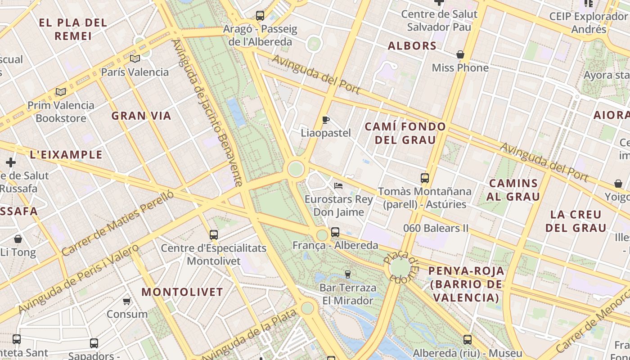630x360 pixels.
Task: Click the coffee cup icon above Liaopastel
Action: click(x=326, y=120)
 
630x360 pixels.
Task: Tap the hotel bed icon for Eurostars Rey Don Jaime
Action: click(x=338, y=185)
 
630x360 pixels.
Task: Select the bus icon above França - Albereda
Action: click(x=335, y=232)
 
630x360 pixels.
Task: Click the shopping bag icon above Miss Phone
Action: click(x=460, y=55)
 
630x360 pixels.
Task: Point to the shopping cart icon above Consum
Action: click(x=127, y=301)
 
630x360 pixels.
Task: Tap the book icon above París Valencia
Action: click(x=135, y=58)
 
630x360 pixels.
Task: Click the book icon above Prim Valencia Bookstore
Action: click(x=61, y=92)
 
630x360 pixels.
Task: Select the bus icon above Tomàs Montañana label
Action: click(x=425, y=178)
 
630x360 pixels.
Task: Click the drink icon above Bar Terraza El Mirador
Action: click(x=347, y=274)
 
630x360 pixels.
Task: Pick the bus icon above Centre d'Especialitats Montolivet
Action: click(x=214, y=234)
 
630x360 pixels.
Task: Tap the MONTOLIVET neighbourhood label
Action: click(x=182, y=292)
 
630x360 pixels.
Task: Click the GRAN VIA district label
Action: click(x=141, y=116)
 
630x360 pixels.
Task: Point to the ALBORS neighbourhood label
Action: click(x=412, y=46)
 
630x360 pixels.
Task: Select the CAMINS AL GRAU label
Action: click(x=513, y=190)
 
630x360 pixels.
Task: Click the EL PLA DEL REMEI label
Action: click(x=73, y=29)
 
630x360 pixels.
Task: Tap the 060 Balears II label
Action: click(x=436, y=228)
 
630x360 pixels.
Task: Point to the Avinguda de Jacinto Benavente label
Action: click(x=207, y=112)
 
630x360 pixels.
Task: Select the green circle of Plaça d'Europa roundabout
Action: click(x=400, y=267)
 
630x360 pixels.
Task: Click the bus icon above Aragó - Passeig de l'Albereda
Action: click(x=260, y=16)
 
